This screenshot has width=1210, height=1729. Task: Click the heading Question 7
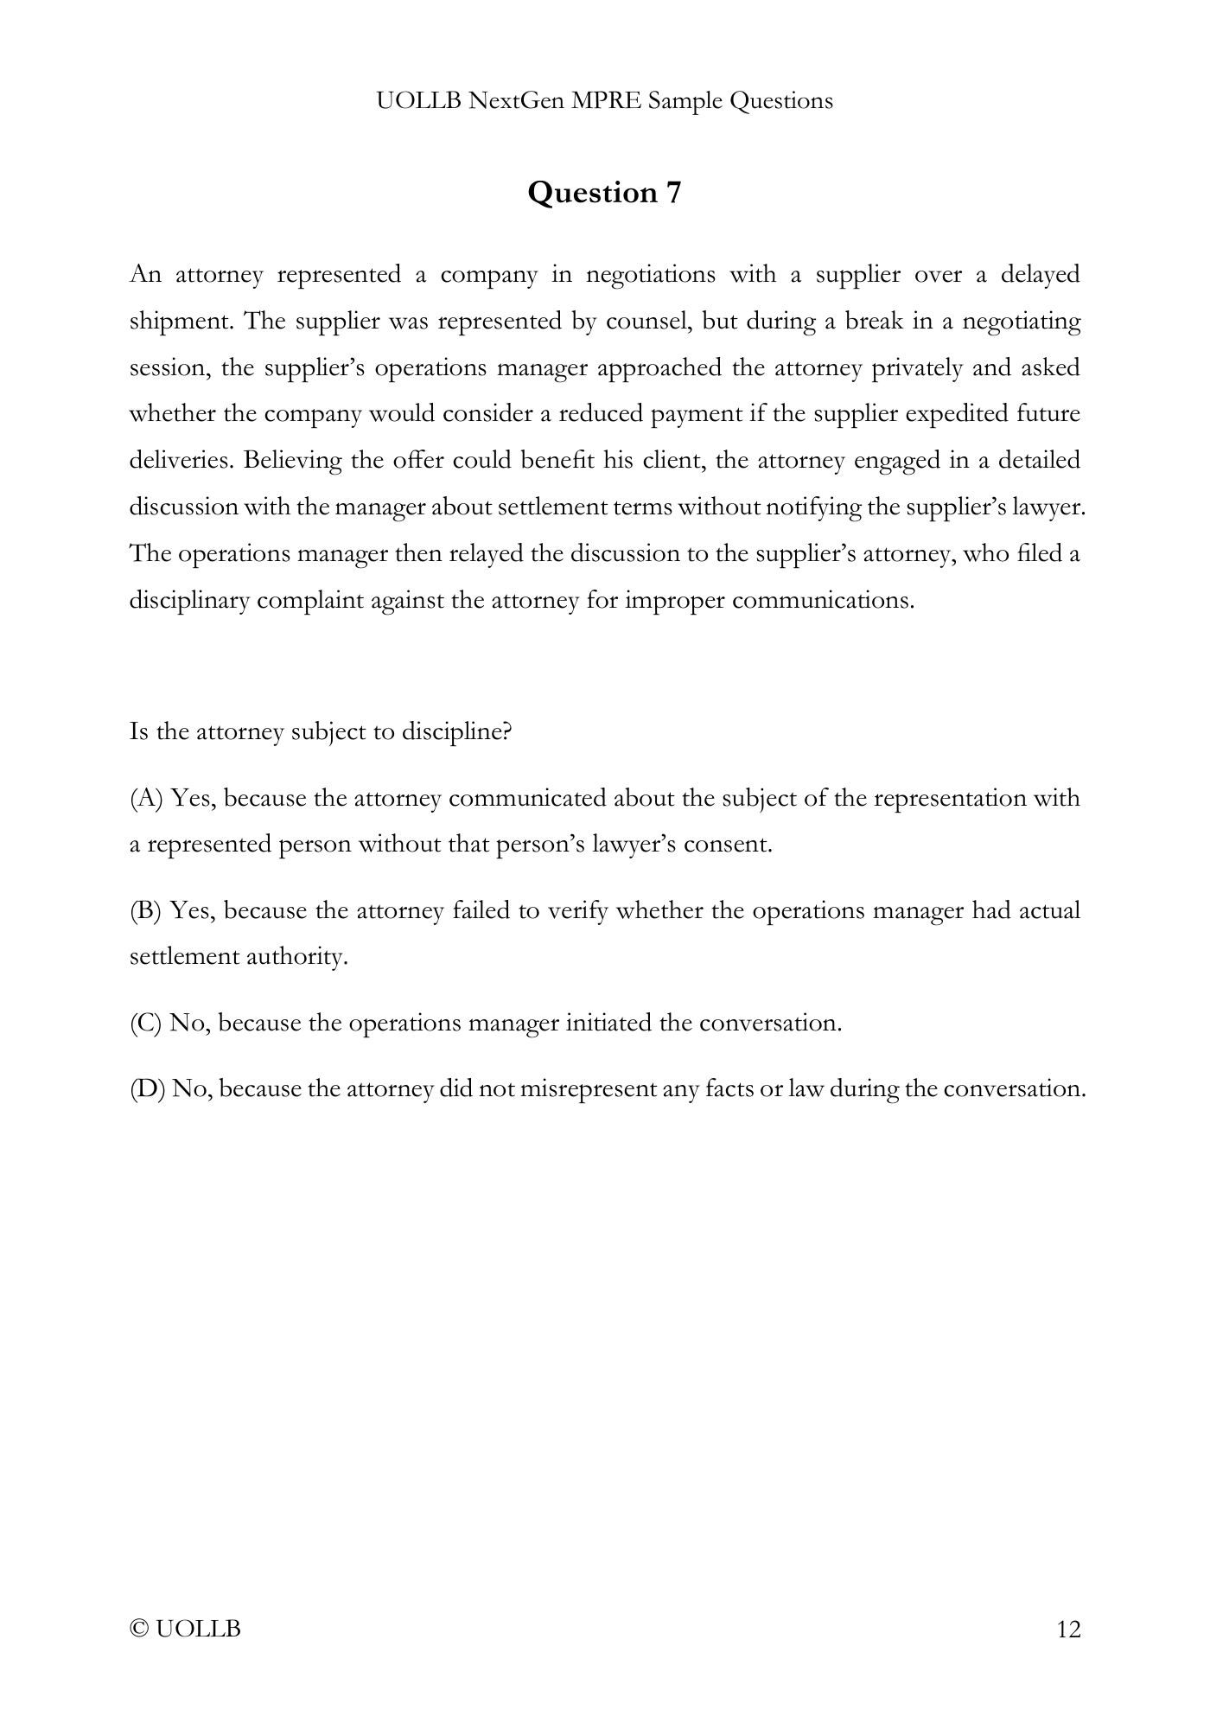604,192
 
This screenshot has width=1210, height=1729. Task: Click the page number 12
1068,1630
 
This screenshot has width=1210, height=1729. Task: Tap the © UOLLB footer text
185,1630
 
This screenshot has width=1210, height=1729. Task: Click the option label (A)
146,798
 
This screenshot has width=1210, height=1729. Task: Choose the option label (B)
145,910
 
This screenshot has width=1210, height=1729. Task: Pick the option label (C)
145,1023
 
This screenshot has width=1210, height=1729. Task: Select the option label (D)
147,1088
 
